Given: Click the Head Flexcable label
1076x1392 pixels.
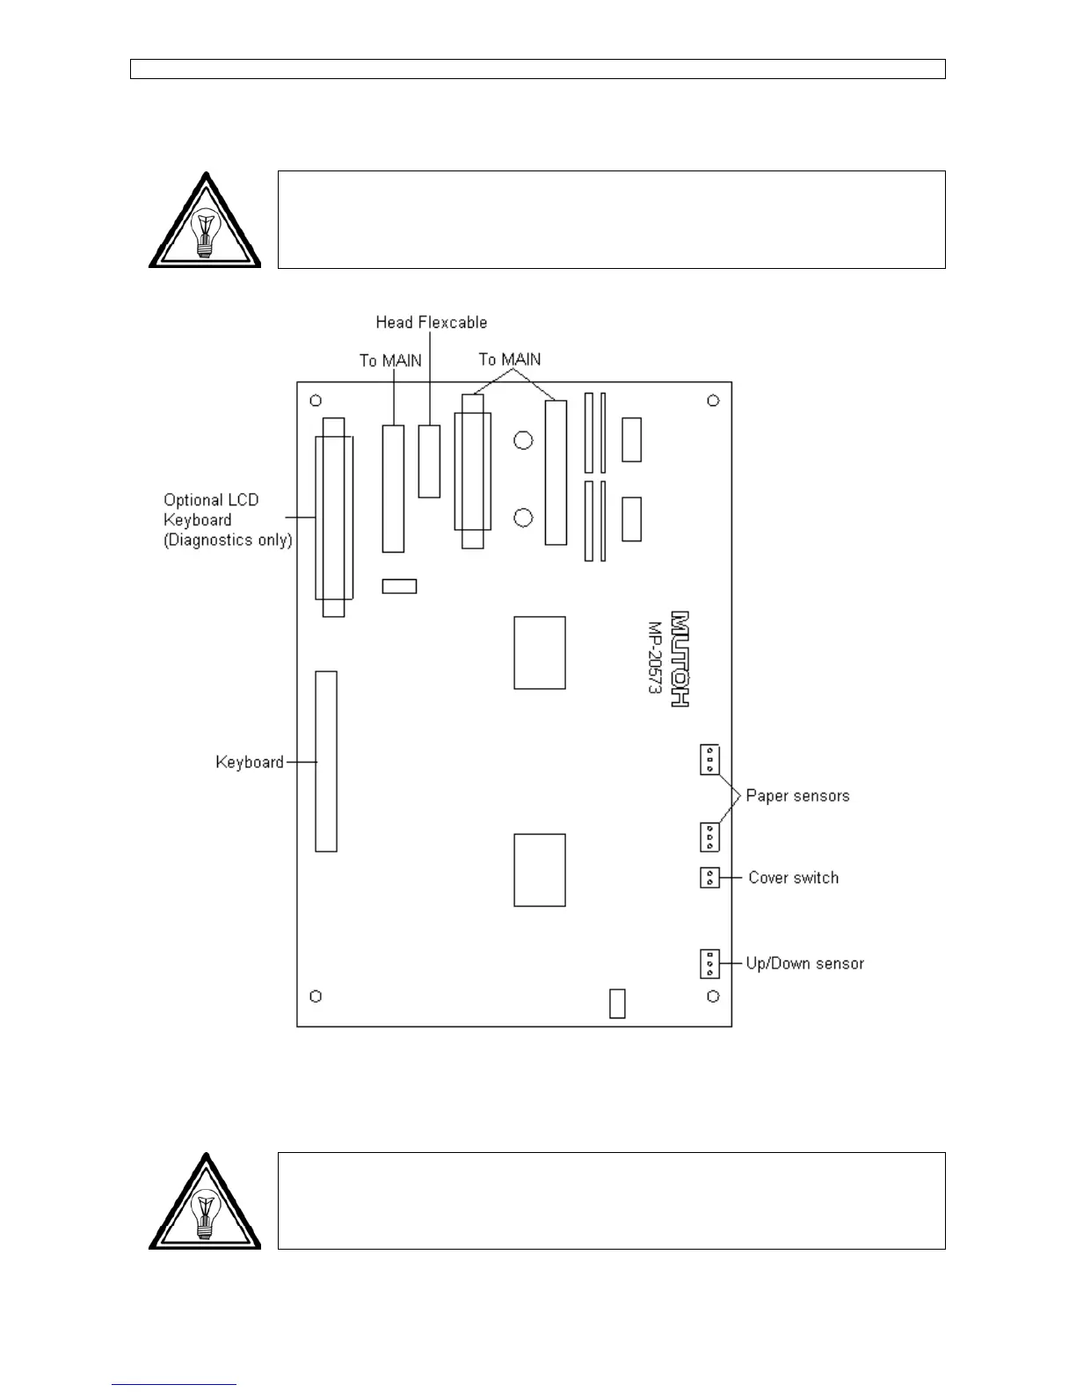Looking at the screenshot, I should tap(431, 323).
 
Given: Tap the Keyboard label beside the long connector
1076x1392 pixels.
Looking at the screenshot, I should tap(250, 762).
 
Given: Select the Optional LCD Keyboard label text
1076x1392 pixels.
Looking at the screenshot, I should tap(227, 519).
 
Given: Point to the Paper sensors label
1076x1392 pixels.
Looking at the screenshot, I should tap(797, 795).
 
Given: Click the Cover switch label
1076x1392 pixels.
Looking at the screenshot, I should tap(793, 877).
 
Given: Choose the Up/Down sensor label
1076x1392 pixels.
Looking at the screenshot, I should tap(804, 963).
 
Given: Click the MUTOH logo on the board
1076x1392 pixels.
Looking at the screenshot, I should tap(680, 658).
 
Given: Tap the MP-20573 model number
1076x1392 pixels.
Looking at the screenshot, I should tap(655, 658).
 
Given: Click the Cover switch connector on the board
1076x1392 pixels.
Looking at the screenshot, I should tap(709, 877).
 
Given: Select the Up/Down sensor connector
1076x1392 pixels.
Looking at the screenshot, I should tap(709, 964).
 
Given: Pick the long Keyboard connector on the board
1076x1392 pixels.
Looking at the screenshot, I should tap(326, 761).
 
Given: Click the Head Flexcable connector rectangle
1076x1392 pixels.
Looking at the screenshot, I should tap(429, 461).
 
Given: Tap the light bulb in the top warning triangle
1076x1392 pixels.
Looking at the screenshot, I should tap(204, 231).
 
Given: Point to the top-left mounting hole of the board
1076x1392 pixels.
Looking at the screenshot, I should tap(316, 401).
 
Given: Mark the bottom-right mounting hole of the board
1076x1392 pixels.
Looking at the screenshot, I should tap(713, 996).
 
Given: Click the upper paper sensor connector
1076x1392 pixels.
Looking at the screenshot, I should tap(709, 759).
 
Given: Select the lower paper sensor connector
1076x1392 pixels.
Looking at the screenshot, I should tap(709, 837).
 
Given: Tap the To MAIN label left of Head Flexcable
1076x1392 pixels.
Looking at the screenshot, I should tap(390, 360).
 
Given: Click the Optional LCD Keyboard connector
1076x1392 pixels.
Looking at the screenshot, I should tap(333, 517).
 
